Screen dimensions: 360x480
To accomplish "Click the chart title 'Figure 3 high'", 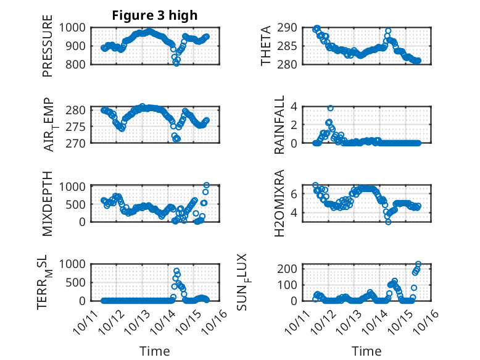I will pyautogui.click(x=155, y=15).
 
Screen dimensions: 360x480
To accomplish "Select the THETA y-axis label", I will pyautogui.click(x=266, y=46).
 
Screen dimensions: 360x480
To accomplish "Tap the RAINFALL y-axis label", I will pyautogui.click(x=278, y=125).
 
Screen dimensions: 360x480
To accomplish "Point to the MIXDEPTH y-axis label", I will pyautogui.click(x=48, y=203).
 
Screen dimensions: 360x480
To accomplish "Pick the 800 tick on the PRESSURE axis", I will pyautogui.click(x=78, y=64).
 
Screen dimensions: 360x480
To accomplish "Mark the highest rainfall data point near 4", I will pyautogui.click(x=331, y=108).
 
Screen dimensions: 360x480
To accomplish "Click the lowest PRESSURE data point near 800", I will pyautogui.click(x=176, y=63).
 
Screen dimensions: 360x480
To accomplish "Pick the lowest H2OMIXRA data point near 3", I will pyautogui.click(x=388, y=221).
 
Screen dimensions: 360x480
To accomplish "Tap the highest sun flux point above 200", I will pyautogui.click(x=418, y=264).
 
